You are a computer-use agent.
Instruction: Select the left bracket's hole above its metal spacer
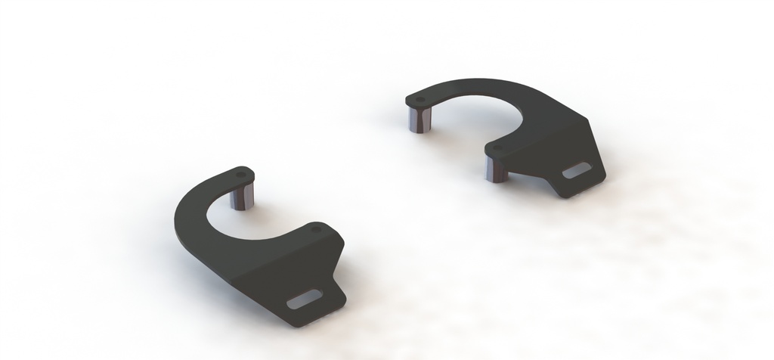[x=241, y=174]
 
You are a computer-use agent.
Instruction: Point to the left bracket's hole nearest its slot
[x=315, y=227]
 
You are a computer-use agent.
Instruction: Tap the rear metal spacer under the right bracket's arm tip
[x=419, y=119]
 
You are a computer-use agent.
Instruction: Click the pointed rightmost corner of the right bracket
[x=605, y=175]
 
